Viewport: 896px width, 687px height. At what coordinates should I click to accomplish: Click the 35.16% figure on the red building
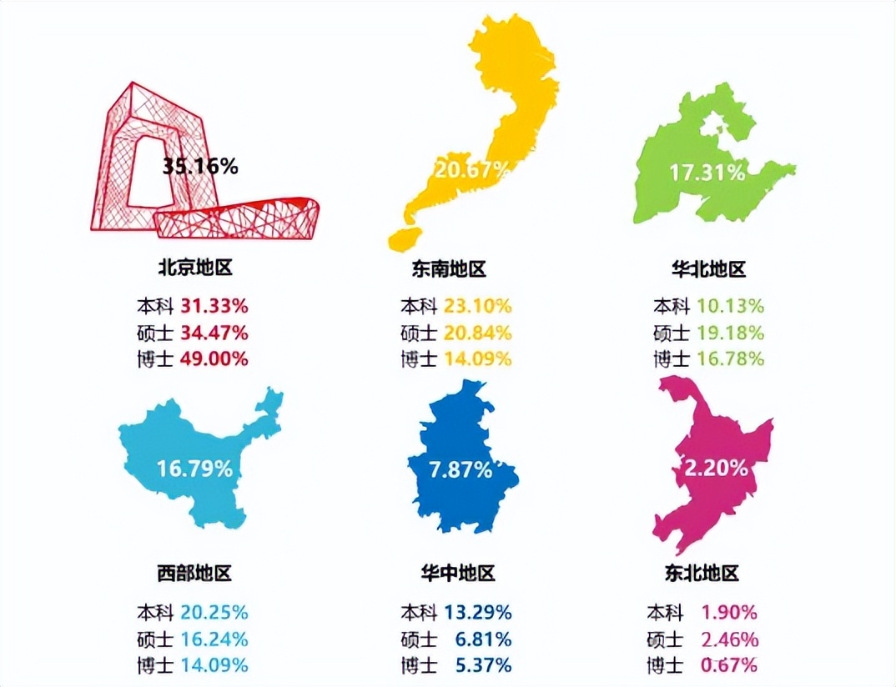tap(200, 166)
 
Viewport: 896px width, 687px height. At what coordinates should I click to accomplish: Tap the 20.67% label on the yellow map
tap(471, 170)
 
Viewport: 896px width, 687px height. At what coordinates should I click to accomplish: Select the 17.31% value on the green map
tap(707, 173)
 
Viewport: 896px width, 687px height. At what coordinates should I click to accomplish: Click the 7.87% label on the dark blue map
tap(461, 469)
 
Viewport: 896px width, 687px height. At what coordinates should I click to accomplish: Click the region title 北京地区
tap(194, 268)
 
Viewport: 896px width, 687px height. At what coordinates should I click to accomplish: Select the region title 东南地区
tap(448, 269)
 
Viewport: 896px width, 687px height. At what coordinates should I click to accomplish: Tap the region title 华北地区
tap(708, 269)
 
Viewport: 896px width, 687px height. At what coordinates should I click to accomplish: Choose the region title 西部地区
tap(194, 573)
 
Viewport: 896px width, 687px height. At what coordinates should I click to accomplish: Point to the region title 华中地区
tap(458, 574)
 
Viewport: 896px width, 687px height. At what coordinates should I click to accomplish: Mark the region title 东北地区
tap(702, 574)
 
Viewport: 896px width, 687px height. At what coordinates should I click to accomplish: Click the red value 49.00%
tap(214, 359)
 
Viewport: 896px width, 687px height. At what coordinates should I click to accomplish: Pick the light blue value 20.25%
tap(214, 612)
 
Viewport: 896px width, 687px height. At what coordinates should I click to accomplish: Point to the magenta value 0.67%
tap(729, 665)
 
